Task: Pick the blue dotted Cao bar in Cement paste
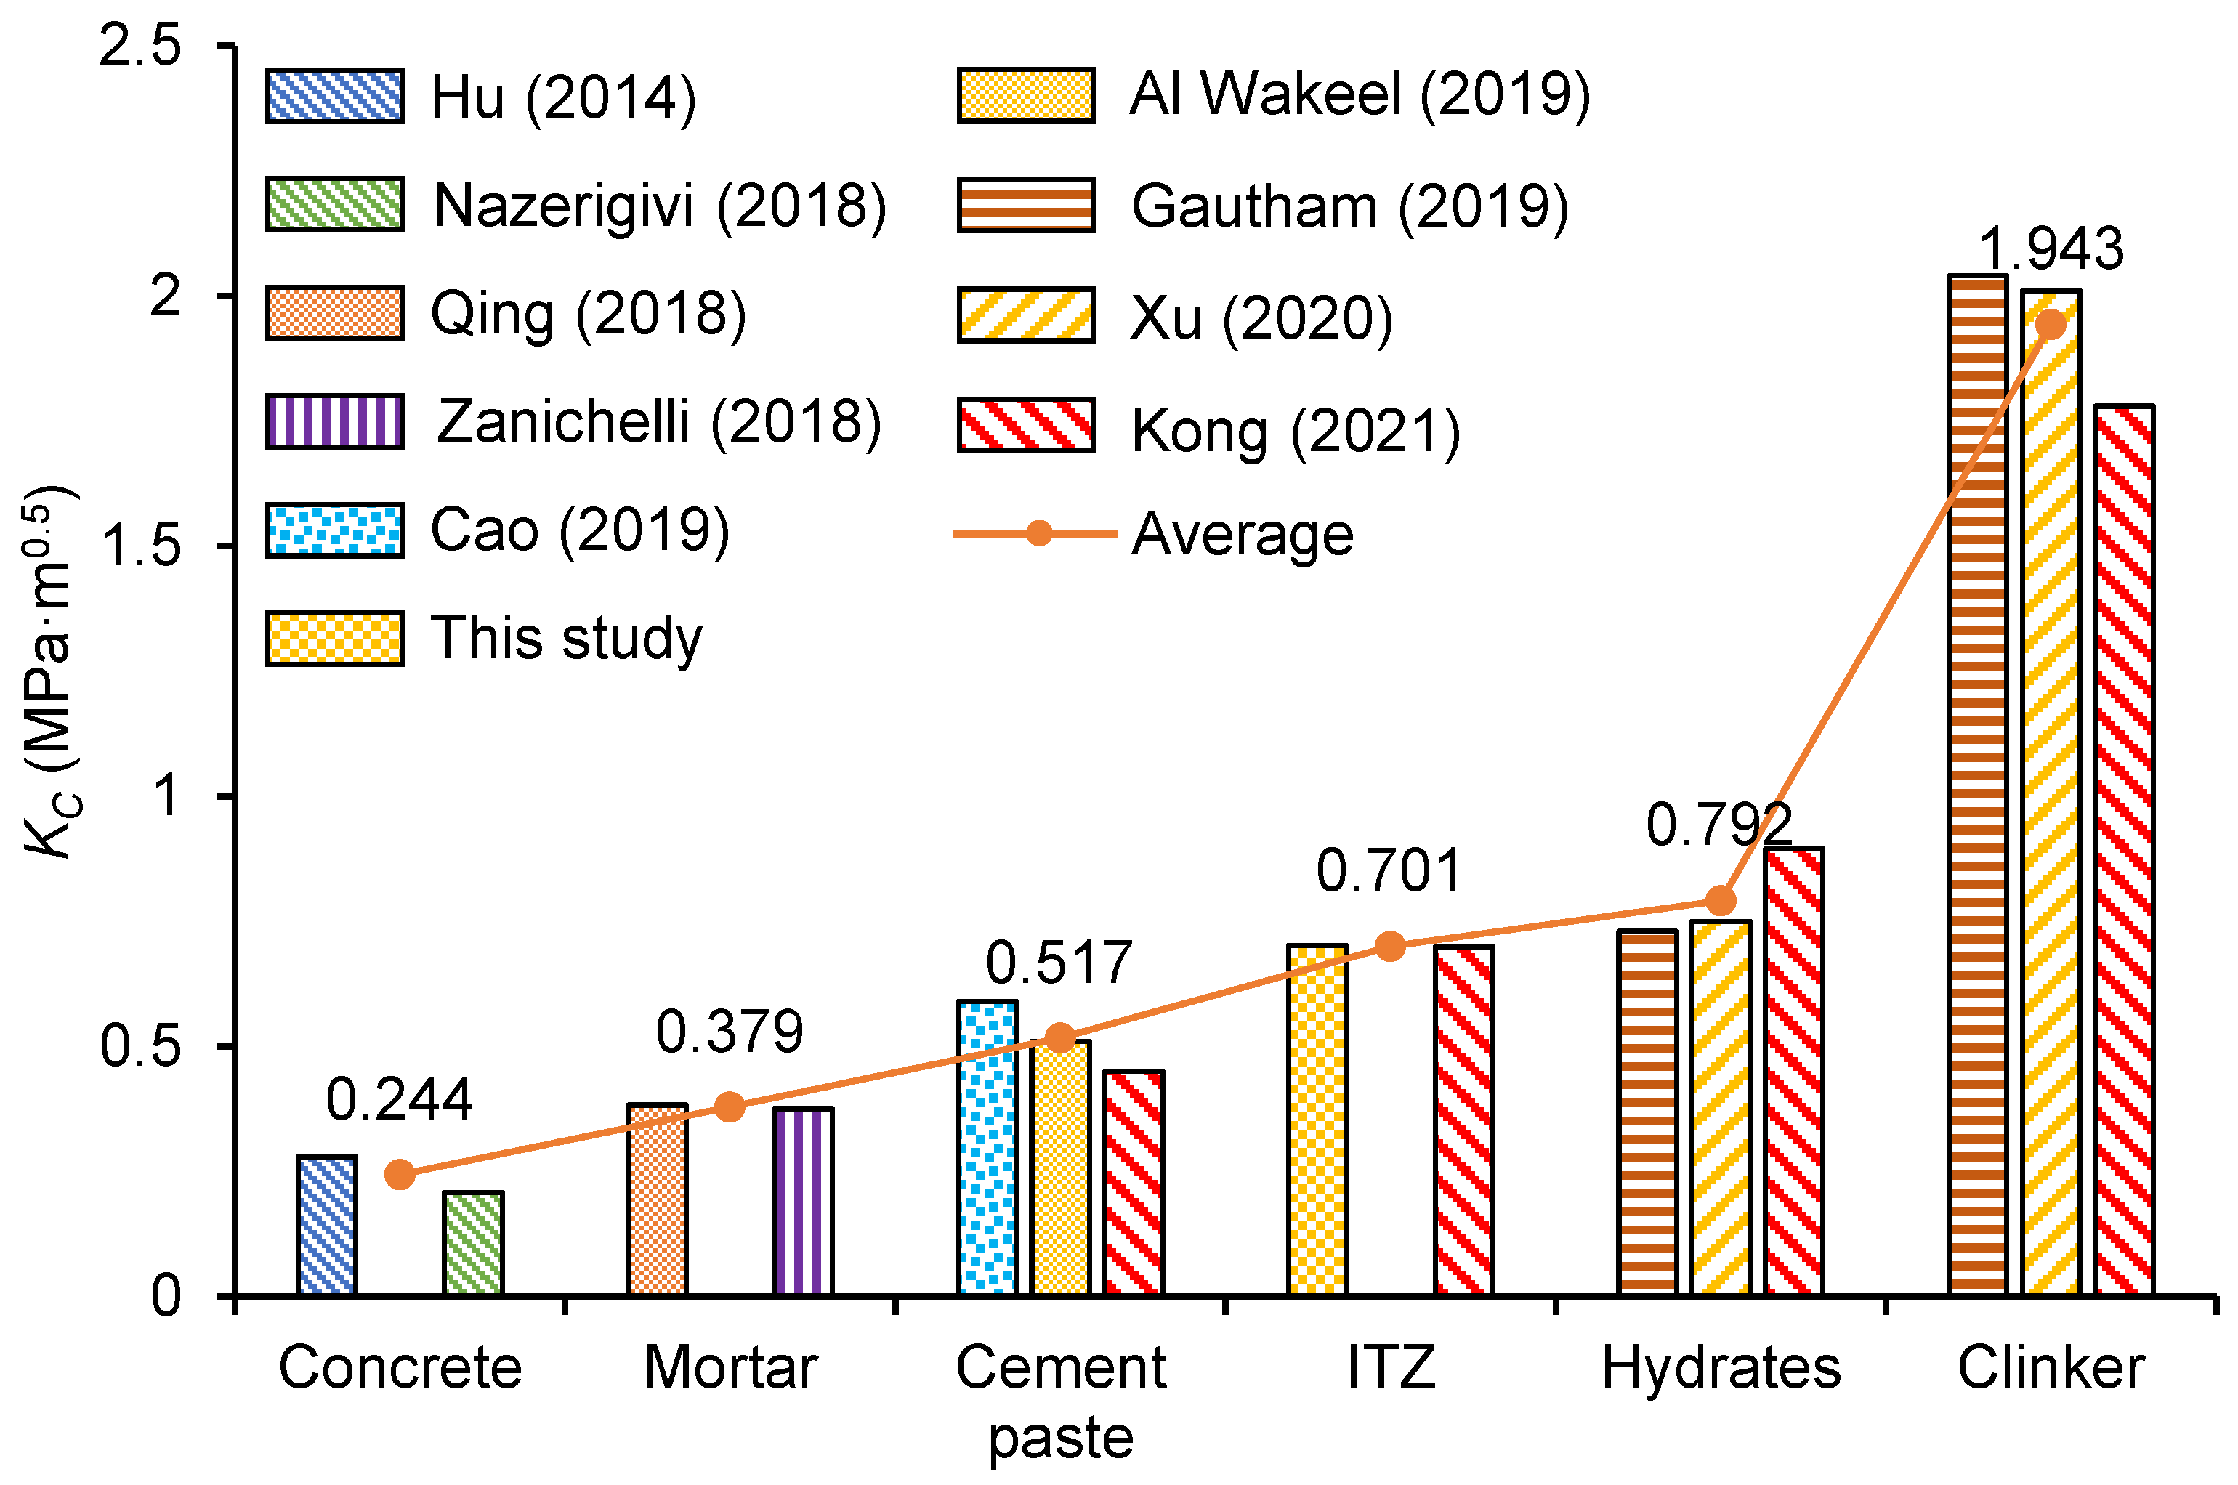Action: (x=987, y=1146)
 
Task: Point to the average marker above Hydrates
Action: (x=1720, y=899)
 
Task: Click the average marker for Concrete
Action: (x=400, y=1174)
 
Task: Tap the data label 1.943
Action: (x=2051, y=249)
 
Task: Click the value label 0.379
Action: (x=730, y=1032)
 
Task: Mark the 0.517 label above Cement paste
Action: (x=1059, y=963)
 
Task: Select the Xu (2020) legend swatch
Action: (x=1026, y=315)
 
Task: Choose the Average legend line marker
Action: (x=1039, y=533)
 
